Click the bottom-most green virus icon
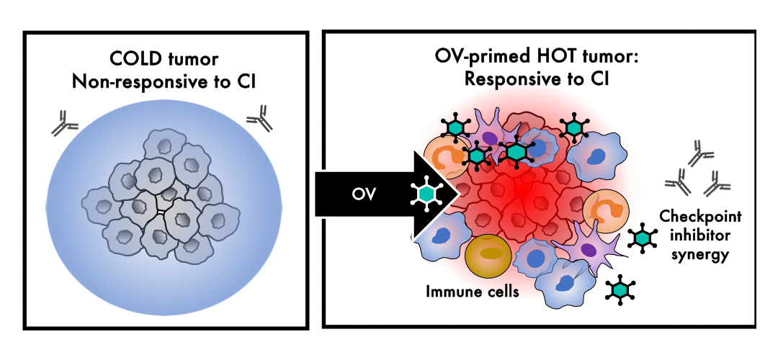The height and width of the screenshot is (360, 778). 619,289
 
